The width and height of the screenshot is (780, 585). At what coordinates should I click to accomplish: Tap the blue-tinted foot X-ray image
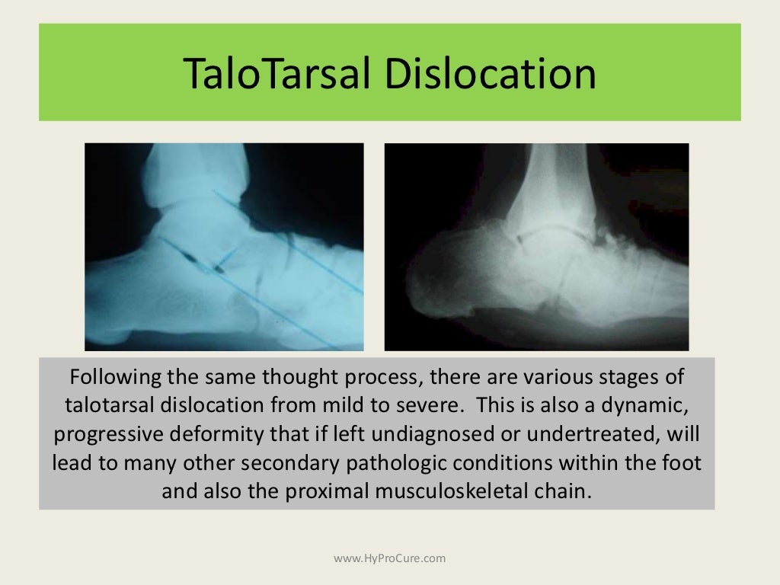click(224, 247)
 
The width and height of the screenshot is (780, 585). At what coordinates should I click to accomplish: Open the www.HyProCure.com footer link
click(390, 558)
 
